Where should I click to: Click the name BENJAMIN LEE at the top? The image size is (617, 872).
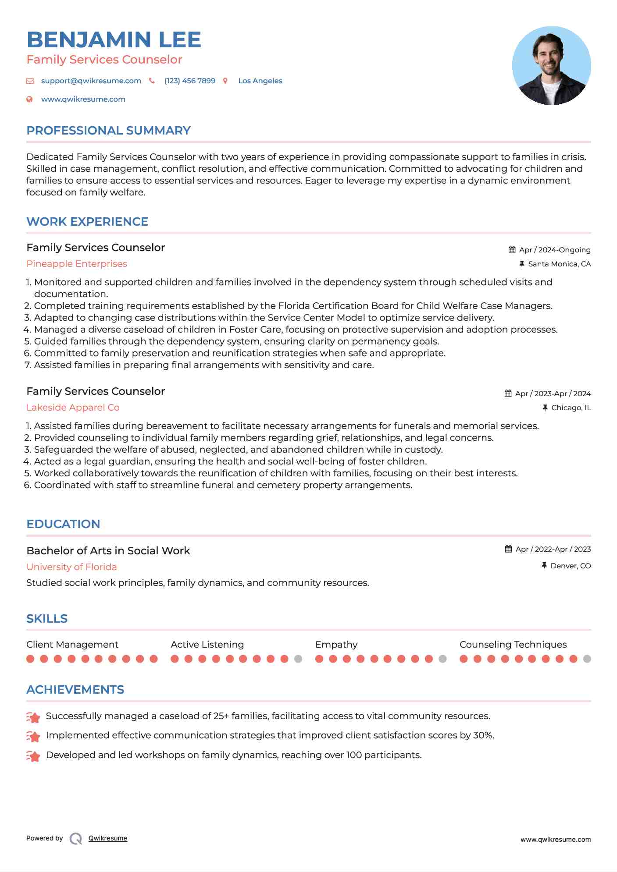click(114, 40)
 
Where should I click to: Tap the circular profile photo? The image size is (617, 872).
click(551, 66)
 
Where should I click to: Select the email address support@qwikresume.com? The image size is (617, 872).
click(91, 81)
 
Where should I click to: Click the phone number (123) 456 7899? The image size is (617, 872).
click(189, 81)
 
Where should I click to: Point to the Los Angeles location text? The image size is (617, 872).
click(260, 81)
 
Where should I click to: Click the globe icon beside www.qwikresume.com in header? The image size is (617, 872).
click(30, 99)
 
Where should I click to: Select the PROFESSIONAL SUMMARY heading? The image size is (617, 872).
click(108, 131)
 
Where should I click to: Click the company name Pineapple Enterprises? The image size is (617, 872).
click(77, 264)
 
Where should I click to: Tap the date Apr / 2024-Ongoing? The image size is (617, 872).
click(554, 250)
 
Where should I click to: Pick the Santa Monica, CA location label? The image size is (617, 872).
click(559, 264)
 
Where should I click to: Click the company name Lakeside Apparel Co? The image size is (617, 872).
click(73, 408)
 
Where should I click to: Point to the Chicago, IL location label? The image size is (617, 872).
click(571, 408)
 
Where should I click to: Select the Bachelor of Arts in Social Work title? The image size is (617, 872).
click(108, 551)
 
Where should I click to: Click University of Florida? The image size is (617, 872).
click(71, 567)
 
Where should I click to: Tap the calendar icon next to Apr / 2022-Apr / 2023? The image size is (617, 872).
click(508, 549)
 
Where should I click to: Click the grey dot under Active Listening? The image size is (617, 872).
click(298, 659)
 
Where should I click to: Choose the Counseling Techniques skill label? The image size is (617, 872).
click(513, 645)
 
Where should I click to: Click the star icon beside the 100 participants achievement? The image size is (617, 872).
click(33, 756)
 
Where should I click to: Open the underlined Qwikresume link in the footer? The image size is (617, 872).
click(108, 838)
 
